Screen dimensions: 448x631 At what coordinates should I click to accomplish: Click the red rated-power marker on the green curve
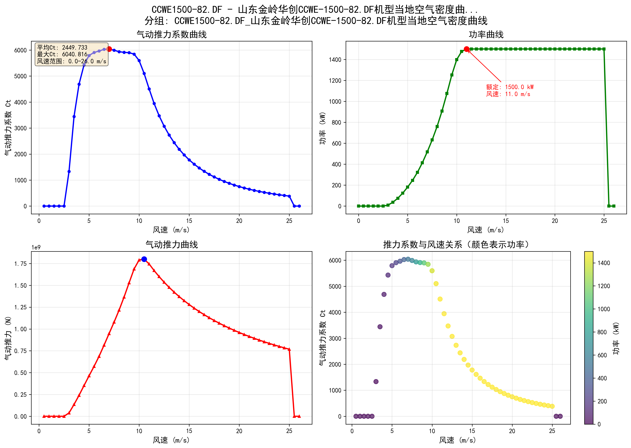pyautogui.click(x=466, y=49)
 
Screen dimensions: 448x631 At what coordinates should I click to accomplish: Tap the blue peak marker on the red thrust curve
pyautogui.click(x=144, y=259)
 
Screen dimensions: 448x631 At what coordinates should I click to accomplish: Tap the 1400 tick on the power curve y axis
pyautogui.click(x=335, y=60)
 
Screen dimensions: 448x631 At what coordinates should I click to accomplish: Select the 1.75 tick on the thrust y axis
pyautogui.click(x=21, y=264)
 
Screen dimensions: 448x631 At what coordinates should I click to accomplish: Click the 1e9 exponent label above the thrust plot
pyautogui.click(x=36, y=247)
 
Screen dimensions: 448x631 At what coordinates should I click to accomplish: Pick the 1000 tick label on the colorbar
pyautogui.click(x=604, y=309)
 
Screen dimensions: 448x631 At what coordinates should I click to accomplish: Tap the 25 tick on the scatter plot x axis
pyautogui.click(x=552, y=431)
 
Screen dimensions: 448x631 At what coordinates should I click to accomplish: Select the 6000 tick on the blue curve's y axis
pyautogui.click(x=20, y=50)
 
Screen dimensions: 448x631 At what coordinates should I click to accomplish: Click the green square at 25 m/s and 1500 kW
pyautogui.click(x=604, y=49)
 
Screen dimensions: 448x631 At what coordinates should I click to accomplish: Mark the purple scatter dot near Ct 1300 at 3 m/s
pyautogui.click(x=376, y=382)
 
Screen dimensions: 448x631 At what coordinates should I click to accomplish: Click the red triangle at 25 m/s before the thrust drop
pyautogui.click(x=289, y=349)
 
